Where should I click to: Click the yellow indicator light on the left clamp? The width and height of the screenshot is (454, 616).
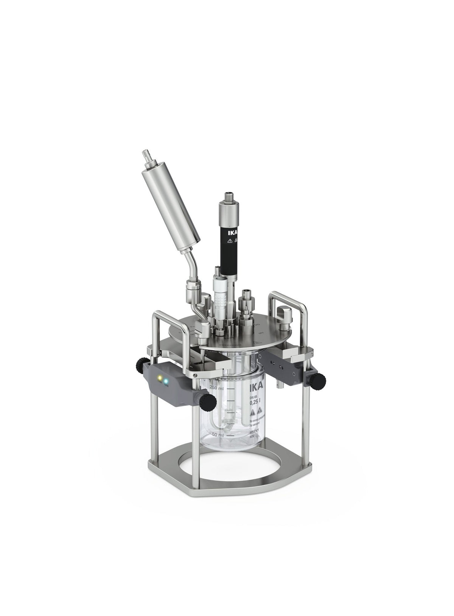tap(160, 377)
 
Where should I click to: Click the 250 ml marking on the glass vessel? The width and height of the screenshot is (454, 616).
tap(217, 387)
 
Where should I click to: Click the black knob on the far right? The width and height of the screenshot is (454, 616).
tap(321, 377)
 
